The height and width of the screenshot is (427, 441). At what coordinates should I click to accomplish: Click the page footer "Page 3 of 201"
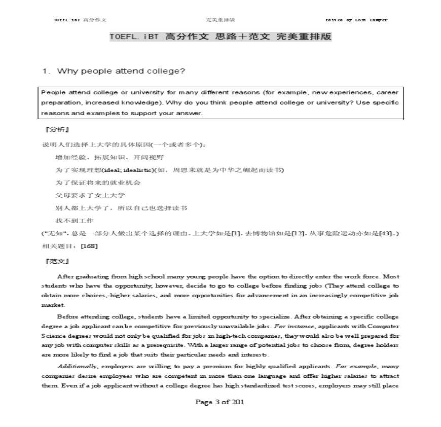pos(220,402)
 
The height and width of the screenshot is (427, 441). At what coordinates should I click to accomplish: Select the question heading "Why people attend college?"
pos(121,71)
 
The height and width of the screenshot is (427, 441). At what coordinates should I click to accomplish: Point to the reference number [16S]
pos(89,246)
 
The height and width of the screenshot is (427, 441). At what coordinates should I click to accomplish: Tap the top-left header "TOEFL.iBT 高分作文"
pos(80,20)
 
